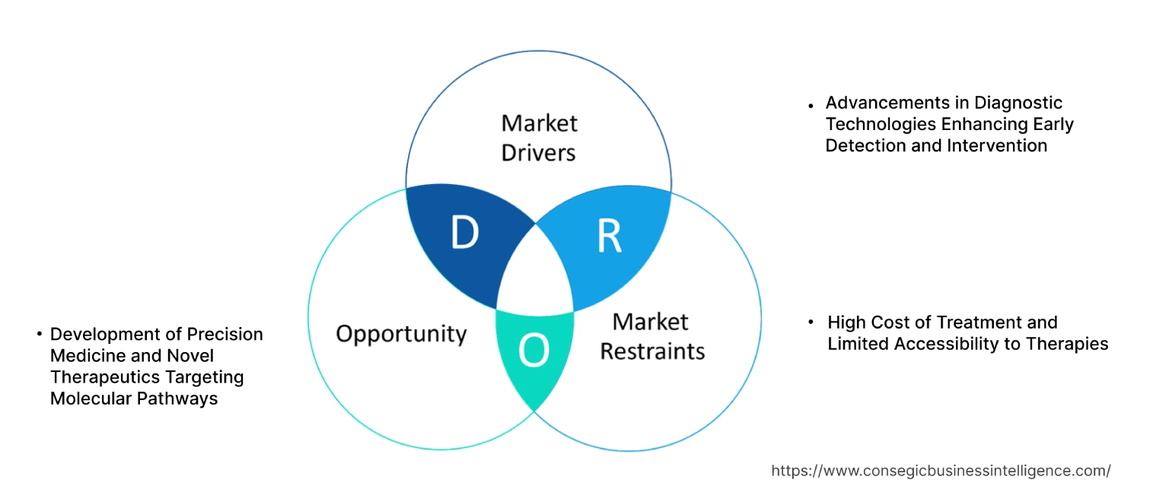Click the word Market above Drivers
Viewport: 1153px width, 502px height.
539,122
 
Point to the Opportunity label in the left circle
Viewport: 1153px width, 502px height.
401,333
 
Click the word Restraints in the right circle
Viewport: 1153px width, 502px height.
652,351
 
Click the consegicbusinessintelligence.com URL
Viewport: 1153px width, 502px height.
941,471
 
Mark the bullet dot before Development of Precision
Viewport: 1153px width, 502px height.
40,334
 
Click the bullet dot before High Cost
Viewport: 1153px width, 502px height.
812,322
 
